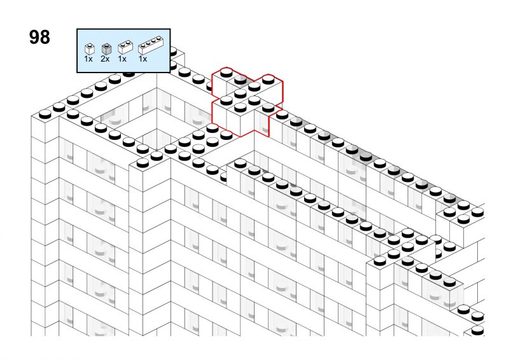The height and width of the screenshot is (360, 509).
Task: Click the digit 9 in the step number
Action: [x=34, y=37]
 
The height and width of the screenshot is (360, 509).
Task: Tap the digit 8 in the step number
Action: [x=45, y=37]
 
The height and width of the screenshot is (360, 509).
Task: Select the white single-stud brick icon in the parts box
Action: [x=89, y=49]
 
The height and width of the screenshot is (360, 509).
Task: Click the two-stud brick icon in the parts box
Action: [x=125, y=47]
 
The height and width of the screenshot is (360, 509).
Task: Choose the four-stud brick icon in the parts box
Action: [x=150, y=45]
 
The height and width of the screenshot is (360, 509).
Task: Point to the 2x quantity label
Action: [x=105, y=59]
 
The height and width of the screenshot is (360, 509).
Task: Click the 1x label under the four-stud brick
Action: [x=143, y=59]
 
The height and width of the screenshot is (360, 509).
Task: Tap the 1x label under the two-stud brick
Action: [x=122, y=59]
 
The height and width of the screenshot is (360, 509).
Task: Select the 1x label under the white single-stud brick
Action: [x=88, y=59]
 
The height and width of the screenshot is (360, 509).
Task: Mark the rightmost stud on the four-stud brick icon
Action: [x=159, y=38]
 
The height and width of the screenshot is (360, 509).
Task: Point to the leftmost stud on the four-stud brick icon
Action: [x=143, y=45]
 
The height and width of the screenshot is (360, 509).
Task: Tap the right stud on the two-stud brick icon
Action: [x=129, y=42]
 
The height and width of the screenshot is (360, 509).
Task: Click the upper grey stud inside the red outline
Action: [x=241, y=80]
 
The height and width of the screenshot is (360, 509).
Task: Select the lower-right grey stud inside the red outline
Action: [x=268, y=107]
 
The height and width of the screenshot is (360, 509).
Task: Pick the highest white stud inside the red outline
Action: [x=227, y=73]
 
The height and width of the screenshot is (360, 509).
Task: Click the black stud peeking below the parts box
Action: [x=129, y=74]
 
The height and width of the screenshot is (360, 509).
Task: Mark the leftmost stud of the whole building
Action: [x=45, y=114]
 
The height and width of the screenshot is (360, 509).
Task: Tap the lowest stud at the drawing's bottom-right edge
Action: [x=477, y=331]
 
